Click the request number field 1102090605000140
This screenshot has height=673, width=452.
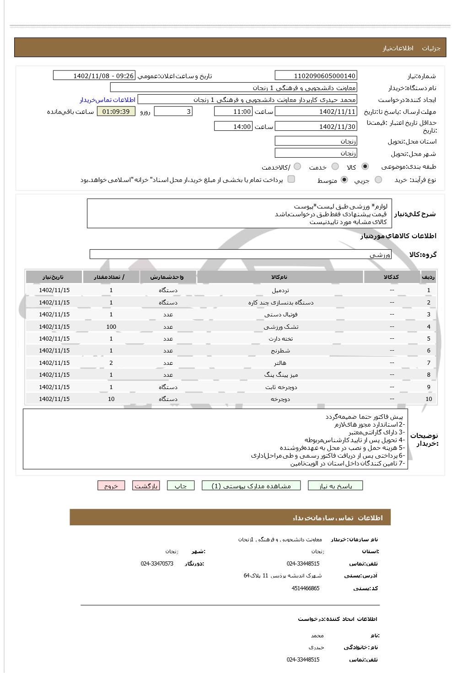(x=316, y=76)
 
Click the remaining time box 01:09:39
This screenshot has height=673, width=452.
(x=116, y=112)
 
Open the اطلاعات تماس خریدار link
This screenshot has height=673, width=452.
(x=108, y=100)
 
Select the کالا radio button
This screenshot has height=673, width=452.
(x=365, y=167)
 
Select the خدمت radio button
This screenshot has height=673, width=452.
(x=335, y=167)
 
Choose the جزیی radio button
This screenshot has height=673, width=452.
(x=378, y=180)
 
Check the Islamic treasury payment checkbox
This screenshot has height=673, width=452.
(x=291, y=179)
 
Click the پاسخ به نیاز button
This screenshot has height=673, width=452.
(x=335, y=486)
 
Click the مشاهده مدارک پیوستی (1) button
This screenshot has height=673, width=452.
(x=251, y=486)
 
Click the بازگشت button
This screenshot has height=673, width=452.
(x=146, y=486)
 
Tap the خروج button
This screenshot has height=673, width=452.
(x=111, y=486)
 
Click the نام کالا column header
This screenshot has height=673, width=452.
(x=280, y=277)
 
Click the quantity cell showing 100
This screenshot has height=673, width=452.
(x=111, y=327)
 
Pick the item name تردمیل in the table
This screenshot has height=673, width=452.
(x=280, y=290)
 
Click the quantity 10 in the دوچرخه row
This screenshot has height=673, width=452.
(x=111, y=399)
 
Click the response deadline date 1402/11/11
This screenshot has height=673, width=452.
(x=316, y=112)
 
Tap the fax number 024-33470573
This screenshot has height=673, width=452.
(x=157, y=564)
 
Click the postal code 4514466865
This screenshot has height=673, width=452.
(x=305, y=588)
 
